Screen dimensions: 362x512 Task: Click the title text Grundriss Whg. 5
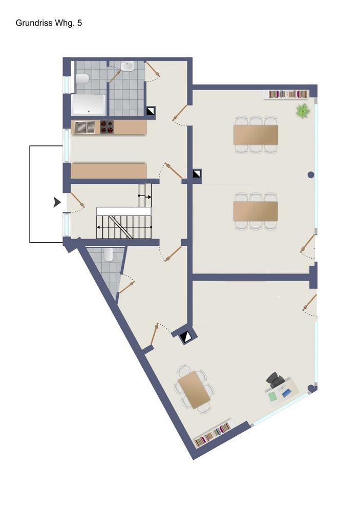point(49,23)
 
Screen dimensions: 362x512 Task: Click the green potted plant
point(303,111)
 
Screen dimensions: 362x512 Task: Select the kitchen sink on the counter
point(84,127)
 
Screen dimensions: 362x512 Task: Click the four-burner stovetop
point(107,127)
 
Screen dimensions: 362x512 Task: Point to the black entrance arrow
point(57,202)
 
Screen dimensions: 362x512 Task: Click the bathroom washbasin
point(127,67)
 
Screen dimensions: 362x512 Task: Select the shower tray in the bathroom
point(89,105)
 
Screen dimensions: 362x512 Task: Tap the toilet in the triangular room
point(109,254)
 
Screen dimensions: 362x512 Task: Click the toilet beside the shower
point(82,79)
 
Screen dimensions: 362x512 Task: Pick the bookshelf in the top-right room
point(288,94)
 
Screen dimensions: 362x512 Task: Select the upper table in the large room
point(255,135)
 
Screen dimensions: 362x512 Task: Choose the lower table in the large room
point(255,211)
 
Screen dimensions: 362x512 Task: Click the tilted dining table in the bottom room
point(194,390)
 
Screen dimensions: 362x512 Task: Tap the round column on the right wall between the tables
point(311,175)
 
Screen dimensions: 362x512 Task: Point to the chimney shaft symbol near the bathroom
point(151,111)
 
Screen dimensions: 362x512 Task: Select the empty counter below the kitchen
point(109,171)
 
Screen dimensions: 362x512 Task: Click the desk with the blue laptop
point(282,391)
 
